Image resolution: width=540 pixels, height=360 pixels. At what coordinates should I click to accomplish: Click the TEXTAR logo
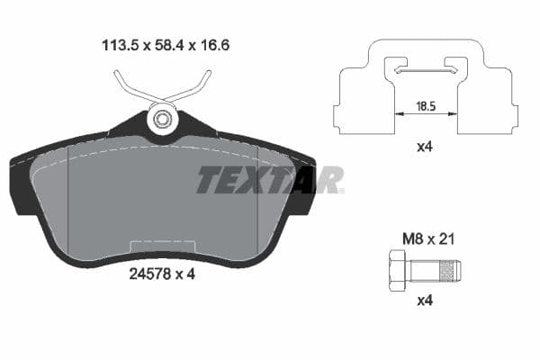(x=269, y=180)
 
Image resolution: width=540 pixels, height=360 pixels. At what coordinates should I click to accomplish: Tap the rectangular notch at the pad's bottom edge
(x=162, y=246)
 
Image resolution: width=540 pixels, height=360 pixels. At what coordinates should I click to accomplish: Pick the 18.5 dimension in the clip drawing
(x=427, y=106)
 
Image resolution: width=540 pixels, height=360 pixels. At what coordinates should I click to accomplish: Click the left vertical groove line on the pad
(x=69, y=198)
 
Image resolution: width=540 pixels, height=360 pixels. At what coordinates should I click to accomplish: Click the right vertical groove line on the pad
(x=258, y=198)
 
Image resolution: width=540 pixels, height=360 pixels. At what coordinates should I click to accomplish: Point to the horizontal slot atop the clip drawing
(x=427, y=69)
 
